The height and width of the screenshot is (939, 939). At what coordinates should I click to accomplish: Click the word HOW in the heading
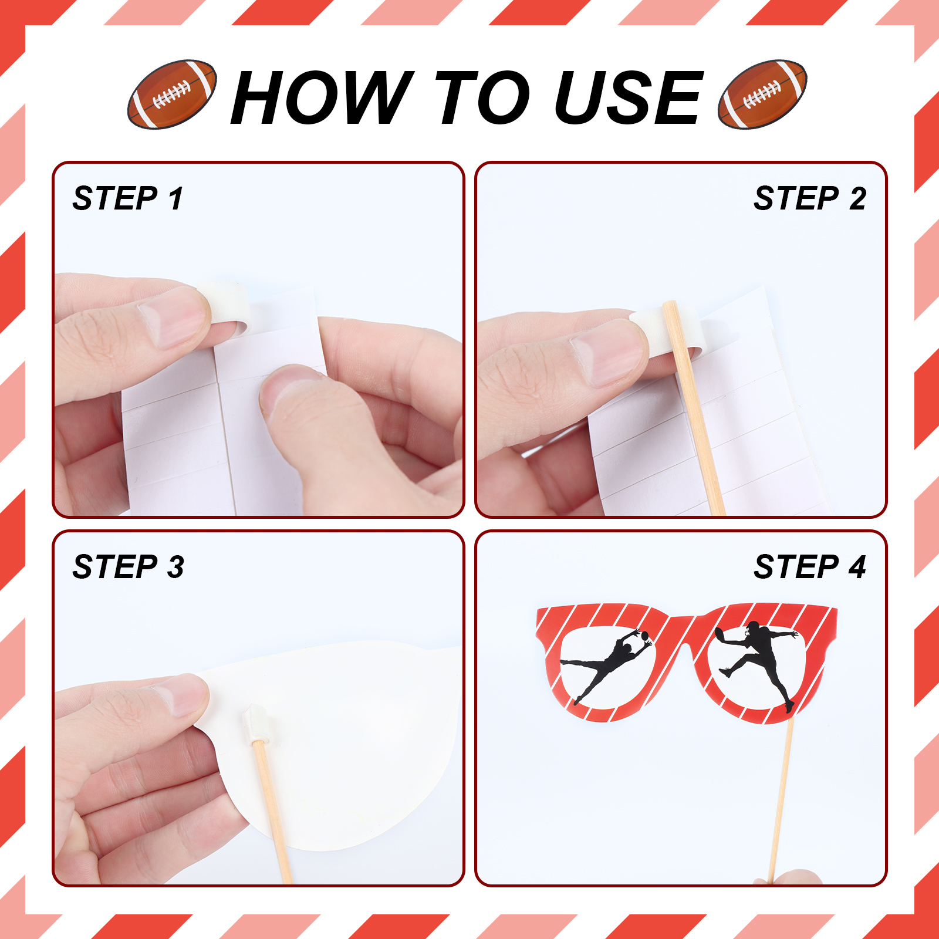point(322,97)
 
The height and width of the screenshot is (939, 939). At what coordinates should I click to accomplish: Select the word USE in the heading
point(628,97)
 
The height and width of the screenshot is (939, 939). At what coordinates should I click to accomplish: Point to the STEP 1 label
point(128,198)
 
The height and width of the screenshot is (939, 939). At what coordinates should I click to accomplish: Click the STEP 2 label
point(810,198)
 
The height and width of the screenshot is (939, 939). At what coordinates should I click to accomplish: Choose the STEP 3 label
point(128,566)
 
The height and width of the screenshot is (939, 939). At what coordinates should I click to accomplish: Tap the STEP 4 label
point(810,566)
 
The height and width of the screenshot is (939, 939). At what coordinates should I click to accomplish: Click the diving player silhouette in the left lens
point(607,665)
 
